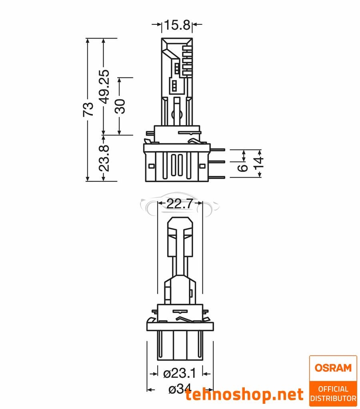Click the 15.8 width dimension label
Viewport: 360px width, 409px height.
(x=177, y=26)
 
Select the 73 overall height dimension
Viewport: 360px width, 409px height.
(x=88, y=109)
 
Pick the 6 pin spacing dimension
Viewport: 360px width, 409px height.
(x=242, y=167)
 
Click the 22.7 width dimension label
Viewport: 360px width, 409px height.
(x=180, y=204)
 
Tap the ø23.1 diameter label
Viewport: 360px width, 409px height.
(x=180, y=373)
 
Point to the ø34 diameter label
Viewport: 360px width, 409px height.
(x=180, y=389)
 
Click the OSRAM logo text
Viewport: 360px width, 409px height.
(x=333, y=368)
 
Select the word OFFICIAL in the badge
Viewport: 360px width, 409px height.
(x=333, y=389)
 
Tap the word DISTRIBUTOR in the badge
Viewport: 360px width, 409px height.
(x=333, y=398)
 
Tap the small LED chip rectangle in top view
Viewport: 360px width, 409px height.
(x=176, y=85)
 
